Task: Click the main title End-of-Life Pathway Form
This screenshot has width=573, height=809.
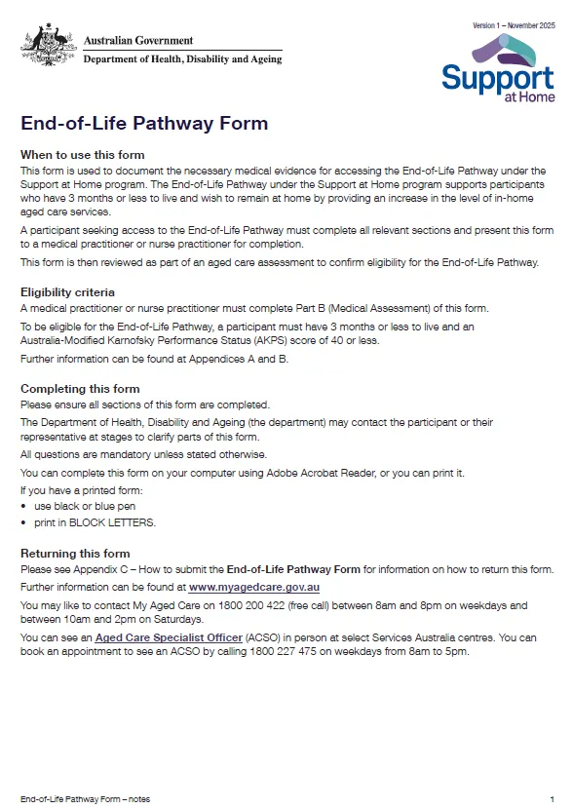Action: point(144,124)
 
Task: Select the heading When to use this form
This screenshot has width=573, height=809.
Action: point(83,155)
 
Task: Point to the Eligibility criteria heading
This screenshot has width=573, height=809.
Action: point(68,291)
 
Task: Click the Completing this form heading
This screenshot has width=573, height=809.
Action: point(80,389)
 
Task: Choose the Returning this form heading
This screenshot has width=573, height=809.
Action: point(75,554)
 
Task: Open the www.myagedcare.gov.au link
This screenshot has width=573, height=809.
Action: point(253,588)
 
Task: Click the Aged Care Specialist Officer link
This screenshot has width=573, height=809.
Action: point(168,637)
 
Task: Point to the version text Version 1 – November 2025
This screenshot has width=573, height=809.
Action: point(514,24)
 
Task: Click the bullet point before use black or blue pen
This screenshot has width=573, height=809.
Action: point(23,507)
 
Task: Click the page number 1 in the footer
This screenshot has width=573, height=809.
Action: point(552,797)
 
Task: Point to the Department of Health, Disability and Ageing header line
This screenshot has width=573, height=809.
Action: point(182,58)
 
